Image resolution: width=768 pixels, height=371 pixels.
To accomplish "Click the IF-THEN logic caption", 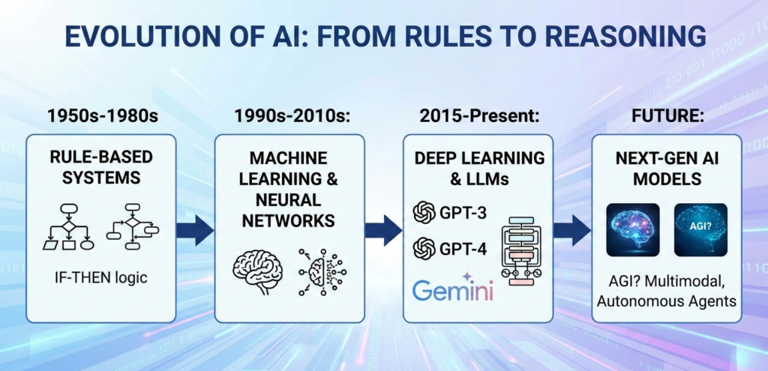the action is tap(101, 279).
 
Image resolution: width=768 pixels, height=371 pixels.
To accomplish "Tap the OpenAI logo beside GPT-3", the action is tap(424, 212).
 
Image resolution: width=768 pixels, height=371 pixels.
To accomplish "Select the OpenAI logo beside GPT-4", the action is tap(424, 248).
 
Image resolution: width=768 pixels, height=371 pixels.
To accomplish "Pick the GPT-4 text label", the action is tap(463, 249).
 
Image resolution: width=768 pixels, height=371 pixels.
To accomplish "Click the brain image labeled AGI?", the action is tap(700, 230).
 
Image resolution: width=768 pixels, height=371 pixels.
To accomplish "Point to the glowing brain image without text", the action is tap(633, 230).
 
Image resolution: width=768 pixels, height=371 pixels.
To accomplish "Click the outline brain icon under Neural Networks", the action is tap(258, 271).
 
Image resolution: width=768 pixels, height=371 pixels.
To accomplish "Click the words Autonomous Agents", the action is tap(667, 301).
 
